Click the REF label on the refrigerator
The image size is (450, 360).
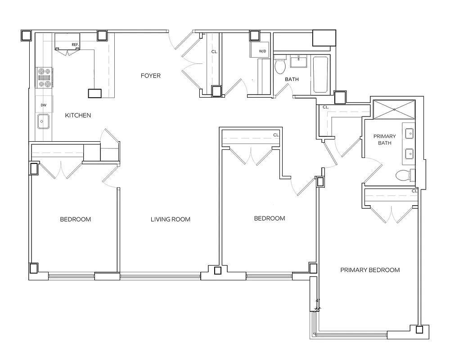pos(75,45)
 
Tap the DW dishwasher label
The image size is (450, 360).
pos(44,105)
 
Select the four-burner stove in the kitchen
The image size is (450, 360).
pos(45,77)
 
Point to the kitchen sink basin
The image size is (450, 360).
pos(44,121)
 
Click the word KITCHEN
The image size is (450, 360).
pos(78,116)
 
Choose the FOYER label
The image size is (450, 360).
pos(150,76)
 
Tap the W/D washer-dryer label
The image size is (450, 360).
pos(262,51)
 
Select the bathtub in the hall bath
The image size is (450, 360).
pos(320,74)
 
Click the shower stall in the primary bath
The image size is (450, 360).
pos(394,109)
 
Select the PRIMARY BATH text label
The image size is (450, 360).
pos(384,139)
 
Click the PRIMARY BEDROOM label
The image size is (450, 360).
pos(370,270)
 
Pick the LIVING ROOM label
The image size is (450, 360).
pos(170,220)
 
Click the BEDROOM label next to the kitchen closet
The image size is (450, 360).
pos(76,220)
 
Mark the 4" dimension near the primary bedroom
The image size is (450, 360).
pos(318,300)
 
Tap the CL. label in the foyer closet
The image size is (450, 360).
pos(214,52)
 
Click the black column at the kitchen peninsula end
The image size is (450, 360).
pos(95,93)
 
